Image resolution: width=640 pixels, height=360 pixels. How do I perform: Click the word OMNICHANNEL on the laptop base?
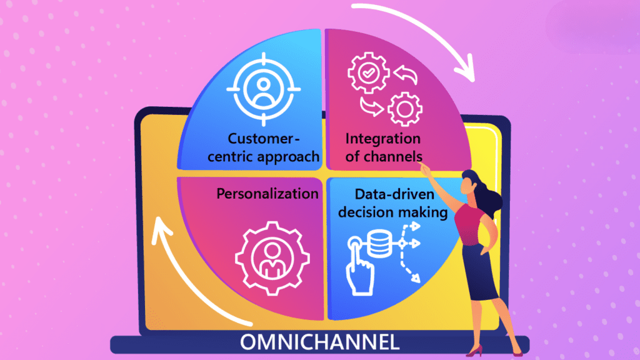319,343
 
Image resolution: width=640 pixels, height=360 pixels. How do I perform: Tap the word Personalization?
267,194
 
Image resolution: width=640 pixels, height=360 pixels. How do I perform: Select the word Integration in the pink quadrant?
382,138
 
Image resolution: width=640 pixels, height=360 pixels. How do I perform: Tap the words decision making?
396,212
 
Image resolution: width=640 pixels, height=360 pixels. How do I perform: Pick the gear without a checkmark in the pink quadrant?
401,109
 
